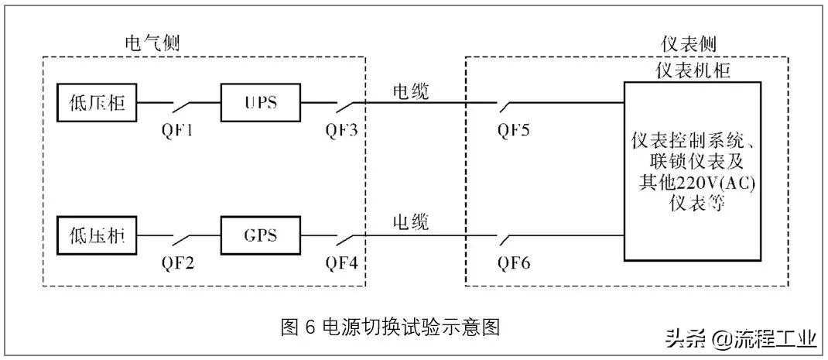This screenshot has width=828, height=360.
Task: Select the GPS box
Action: (261, 233)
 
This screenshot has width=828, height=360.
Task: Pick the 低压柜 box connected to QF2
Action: (97, 233)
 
